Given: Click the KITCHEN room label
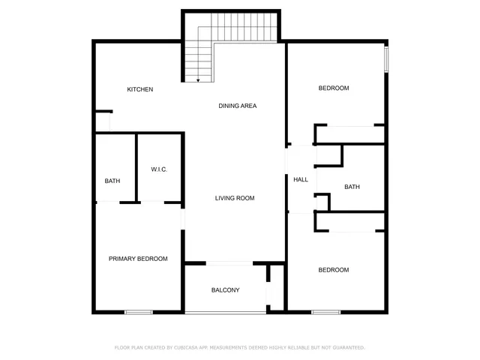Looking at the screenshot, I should coord(139,89).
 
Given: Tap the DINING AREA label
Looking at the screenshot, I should coord(237,106).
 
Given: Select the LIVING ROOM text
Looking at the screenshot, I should coord(235,198).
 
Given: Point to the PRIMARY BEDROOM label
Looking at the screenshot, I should coord(138,259).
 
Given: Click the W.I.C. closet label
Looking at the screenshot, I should coord(158,169).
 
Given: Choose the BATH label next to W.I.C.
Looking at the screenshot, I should coord(112,181).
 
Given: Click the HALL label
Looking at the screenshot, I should coord(300,179).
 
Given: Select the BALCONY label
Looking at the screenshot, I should coord(225,289).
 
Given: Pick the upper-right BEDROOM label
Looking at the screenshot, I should coord(334,88).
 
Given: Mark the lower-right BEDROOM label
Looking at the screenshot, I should coord(334,270).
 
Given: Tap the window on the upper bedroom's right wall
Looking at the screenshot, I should coord(387,60).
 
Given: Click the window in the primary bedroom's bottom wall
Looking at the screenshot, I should coord(139,311).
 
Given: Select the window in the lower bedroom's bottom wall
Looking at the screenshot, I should coord(326,311).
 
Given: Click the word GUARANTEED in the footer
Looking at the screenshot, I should coord(346,348).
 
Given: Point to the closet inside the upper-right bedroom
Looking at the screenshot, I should coord(349,134).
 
